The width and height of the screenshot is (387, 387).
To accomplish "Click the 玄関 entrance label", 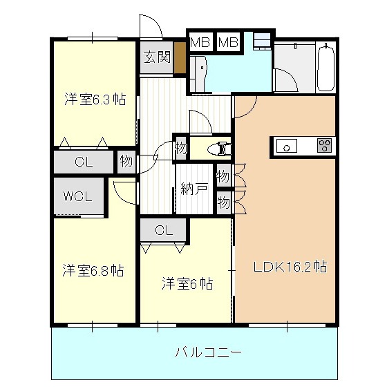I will (x=157, y=57).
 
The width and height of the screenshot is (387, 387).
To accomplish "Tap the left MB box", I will (x=200, y=41).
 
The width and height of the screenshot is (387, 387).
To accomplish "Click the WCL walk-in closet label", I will (x=79, y=196).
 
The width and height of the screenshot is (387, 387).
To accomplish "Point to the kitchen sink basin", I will (x=286, y=145).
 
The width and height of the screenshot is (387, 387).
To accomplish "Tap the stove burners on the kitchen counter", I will (x=324, y=145).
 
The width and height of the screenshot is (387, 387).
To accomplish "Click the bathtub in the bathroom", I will (x=325, y=67).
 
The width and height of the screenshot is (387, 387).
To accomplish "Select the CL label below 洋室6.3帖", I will (x=84, y=163).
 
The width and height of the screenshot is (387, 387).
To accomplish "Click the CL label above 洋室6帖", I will (x=164, y=230).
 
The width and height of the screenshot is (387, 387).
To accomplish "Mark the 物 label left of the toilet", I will (x=180, y=148).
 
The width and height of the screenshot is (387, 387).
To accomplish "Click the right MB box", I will (x=228, y=41).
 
